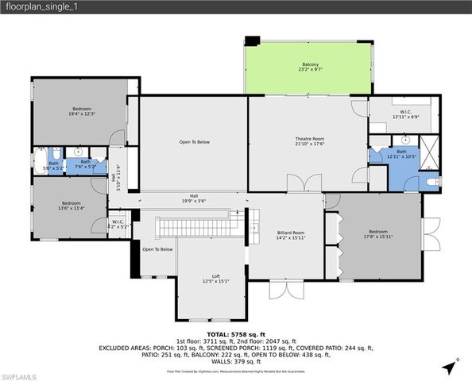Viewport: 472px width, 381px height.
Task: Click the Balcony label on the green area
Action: tap(309, 67)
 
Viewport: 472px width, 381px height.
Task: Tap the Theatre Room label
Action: tap(309, 141)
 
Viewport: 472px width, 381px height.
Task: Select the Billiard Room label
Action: tap(290, 236)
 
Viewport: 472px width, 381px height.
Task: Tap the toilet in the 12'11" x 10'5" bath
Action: tap(431, 182)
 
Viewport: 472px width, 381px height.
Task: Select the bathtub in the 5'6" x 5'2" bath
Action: tap(41, 161)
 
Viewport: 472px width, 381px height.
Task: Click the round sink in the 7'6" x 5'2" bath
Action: tap(79, 152)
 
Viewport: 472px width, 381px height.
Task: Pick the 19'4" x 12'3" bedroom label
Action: tap(82, 111)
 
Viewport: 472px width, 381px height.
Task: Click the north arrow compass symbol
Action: tap(451, 368)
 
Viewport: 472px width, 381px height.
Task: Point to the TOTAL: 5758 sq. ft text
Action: tap(235, 333)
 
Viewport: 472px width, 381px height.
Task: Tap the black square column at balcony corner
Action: tap(252, 40)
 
